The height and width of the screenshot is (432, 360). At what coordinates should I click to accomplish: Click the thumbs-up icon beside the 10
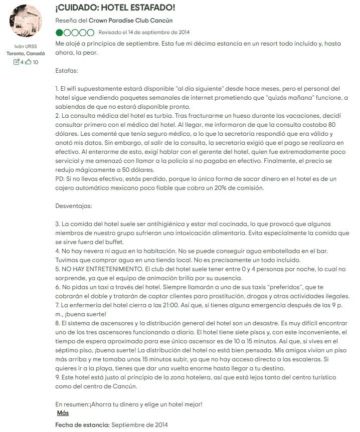tap(29, 62)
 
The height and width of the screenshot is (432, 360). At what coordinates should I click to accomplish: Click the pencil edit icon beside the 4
tap(17, 62)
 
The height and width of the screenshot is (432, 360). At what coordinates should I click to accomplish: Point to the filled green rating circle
tap(60, 33)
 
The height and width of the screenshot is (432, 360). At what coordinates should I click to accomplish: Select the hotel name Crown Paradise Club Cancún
tap(130, 21)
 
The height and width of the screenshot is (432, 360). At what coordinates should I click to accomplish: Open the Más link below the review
tap(63, 413)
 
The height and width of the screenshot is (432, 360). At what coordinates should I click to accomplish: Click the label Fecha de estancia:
tap(82, 425)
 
